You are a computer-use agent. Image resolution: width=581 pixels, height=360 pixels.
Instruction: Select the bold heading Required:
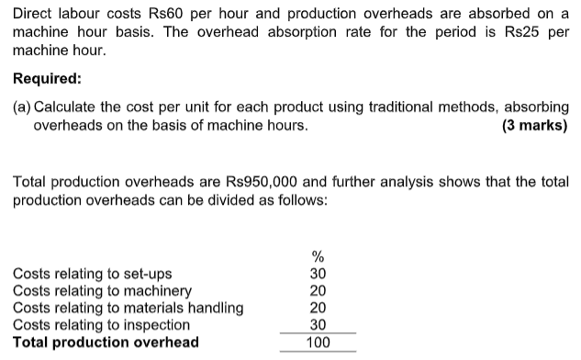pos(47,79)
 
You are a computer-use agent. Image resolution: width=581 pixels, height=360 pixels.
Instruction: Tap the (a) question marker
pos(22,107)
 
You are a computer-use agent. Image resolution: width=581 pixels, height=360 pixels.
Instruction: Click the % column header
pos(318,256)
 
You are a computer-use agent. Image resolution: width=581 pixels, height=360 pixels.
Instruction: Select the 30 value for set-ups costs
pos(318,274)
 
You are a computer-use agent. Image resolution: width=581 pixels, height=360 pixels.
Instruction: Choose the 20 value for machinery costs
pos(318,290)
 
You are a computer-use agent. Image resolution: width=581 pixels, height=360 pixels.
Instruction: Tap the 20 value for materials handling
pos(318,308)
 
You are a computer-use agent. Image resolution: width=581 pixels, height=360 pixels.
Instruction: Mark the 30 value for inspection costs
pos(318,324)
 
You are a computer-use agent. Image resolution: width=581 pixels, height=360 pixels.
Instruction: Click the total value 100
pos(318,343)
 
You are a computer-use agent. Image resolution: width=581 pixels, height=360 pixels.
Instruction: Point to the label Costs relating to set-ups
pos(92,274)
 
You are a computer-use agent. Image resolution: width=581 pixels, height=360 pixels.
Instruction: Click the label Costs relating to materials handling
pos(128,308)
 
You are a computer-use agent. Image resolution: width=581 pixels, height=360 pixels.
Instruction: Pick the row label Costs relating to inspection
pos(102,324)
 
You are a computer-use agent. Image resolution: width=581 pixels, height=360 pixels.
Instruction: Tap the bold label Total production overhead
pos(106,343)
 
